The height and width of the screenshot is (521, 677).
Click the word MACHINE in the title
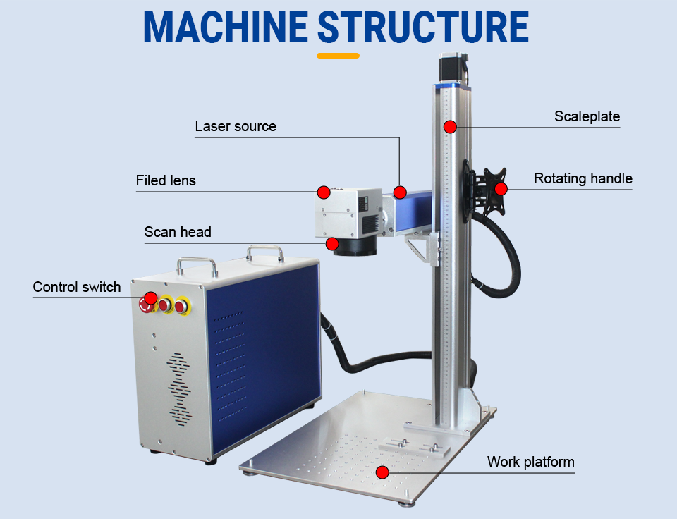point(225,27)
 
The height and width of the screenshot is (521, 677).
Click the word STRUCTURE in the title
point(422,27)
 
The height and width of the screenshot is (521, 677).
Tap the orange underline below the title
point(338,56)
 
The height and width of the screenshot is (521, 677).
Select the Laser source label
point(236,127)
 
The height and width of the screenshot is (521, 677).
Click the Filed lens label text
point(166,181)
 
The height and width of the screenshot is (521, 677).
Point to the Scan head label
point(178,232)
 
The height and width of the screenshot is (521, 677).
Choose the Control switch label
point(77,288)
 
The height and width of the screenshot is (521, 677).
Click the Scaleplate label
point(587,117)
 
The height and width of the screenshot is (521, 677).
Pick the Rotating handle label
point(583,178)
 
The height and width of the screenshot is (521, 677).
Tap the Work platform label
point(530,462)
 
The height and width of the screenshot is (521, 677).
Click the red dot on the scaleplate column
point(450,127)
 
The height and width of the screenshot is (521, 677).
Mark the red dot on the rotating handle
point(501,188)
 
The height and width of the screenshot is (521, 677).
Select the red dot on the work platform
point(382,472)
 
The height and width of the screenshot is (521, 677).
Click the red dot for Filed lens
point(324,192)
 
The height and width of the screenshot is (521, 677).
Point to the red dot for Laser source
point(400,192)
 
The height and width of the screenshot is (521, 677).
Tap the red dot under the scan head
point(331,243)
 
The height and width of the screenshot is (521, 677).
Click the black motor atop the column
point(449,68)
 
